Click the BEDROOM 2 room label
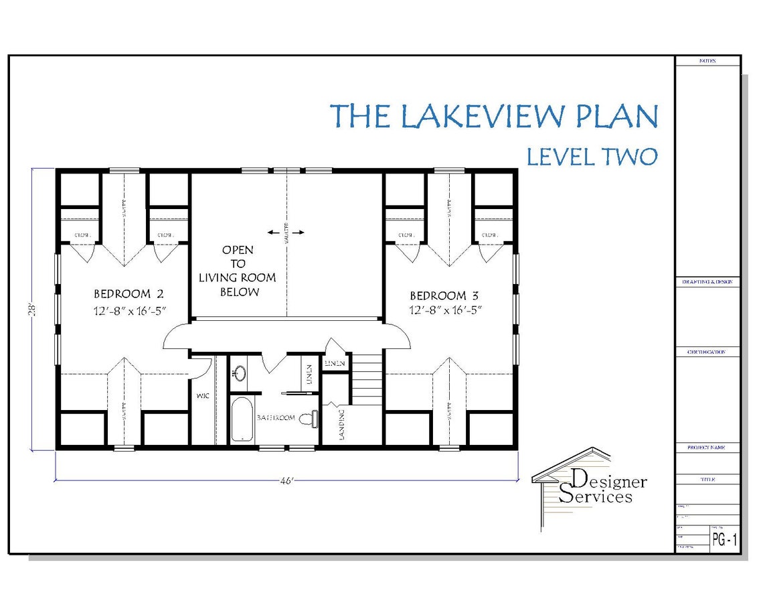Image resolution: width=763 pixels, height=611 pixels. [129, 293]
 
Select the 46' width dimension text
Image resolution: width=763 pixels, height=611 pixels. [286, 481]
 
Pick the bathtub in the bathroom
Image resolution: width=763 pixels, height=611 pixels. [242, 420]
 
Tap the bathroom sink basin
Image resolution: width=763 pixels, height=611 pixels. [239, 373]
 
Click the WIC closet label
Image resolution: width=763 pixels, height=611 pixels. [203, 396]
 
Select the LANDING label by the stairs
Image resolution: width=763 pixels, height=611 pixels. [341, 424]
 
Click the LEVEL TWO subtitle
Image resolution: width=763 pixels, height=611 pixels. [592, 156]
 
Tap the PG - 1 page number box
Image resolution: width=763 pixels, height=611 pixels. [724, 541]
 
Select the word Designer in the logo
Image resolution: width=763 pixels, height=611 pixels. [610, 480]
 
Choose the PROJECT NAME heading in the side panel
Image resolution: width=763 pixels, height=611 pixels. [707, 447]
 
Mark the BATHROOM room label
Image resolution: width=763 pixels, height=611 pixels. [276, 417]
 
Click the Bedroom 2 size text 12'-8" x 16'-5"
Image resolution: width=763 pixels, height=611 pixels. [129, 310]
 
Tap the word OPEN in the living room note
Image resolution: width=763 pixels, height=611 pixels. [238, 250]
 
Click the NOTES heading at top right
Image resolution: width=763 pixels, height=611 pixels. [707, 61]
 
